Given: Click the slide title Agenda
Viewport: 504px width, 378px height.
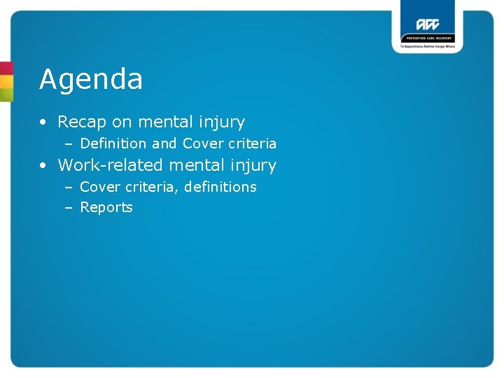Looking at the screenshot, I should pos(91,80).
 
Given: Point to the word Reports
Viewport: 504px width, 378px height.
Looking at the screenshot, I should pos(106,207).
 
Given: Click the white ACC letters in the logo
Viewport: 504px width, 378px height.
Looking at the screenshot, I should pos(427,22).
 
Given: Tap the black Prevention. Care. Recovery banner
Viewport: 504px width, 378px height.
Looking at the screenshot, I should pos(427,38).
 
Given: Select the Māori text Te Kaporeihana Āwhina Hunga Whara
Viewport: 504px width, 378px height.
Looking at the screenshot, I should pos(427,47).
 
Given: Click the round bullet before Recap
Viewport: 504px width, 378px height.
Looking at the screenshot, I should pos(43,122).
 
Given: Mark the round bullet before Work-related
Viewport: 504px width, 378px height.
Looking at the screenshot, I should pos(43,166).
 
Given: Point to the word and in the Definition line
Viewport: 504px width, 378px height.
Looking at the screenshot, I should pos(164,143).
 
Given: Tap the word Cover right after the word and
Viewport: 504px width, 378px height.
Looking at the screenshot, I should pos(202,143).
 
